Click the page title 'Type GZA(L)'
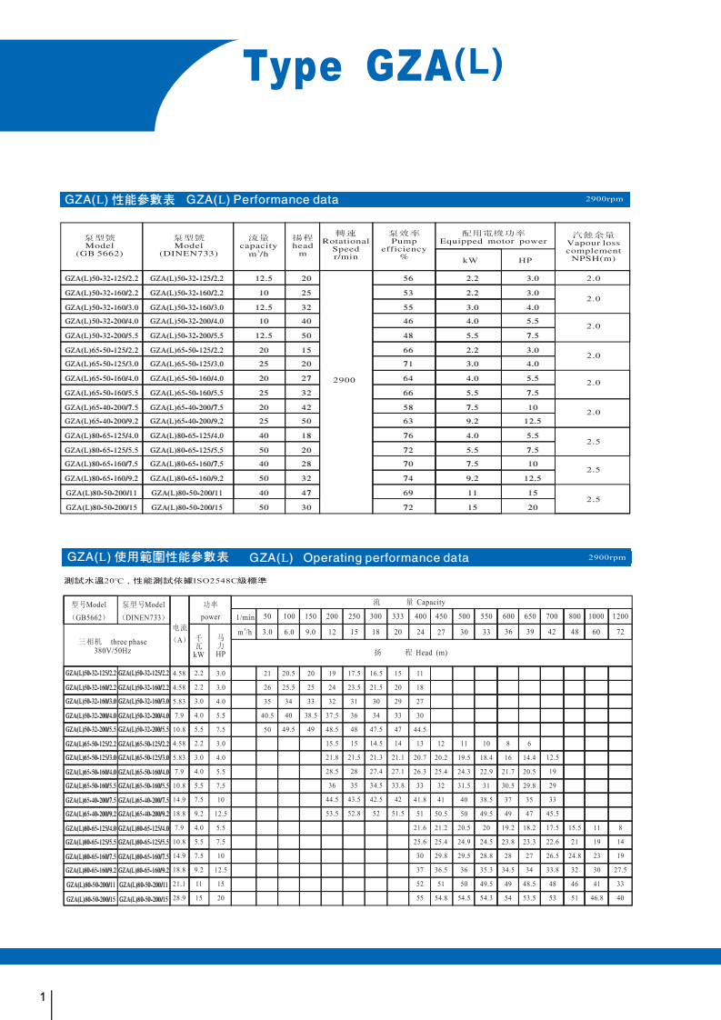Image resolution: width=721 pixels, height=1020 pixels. pyautogui.click(x=372, y=67)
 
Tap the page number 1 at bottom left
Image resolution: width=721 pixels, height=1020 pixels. pyautogui.click(x=43, y=997)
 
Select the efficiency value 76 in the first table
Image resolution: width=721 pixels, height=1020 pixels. pyautogui.click(x=408, y=435)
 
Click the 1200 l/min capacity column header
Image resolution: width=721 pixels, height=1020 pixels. pyautogui.click(x=620, y=616)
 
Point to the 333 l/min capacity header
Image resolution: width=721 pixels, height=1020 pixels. pyautogui.click(x=397, y=616)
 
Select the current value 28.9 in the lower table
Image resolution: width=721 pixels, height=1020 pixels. pyautogui.click(x=179, y=898)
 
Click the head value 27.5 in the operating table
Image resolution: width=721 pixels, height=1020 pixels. pyautogui.click(x=620, y=869)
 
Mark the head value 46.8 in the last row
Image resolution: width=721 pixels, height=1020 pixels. pyautogui.click(x=596, y=898)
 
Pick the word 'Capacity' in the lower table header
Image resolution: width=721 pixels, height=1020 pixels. pyautogui.click(x=430, y=602)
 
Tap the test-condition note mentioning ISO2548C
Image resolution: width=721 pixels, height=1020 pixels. pyautogui.click(x=165, y=580)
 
